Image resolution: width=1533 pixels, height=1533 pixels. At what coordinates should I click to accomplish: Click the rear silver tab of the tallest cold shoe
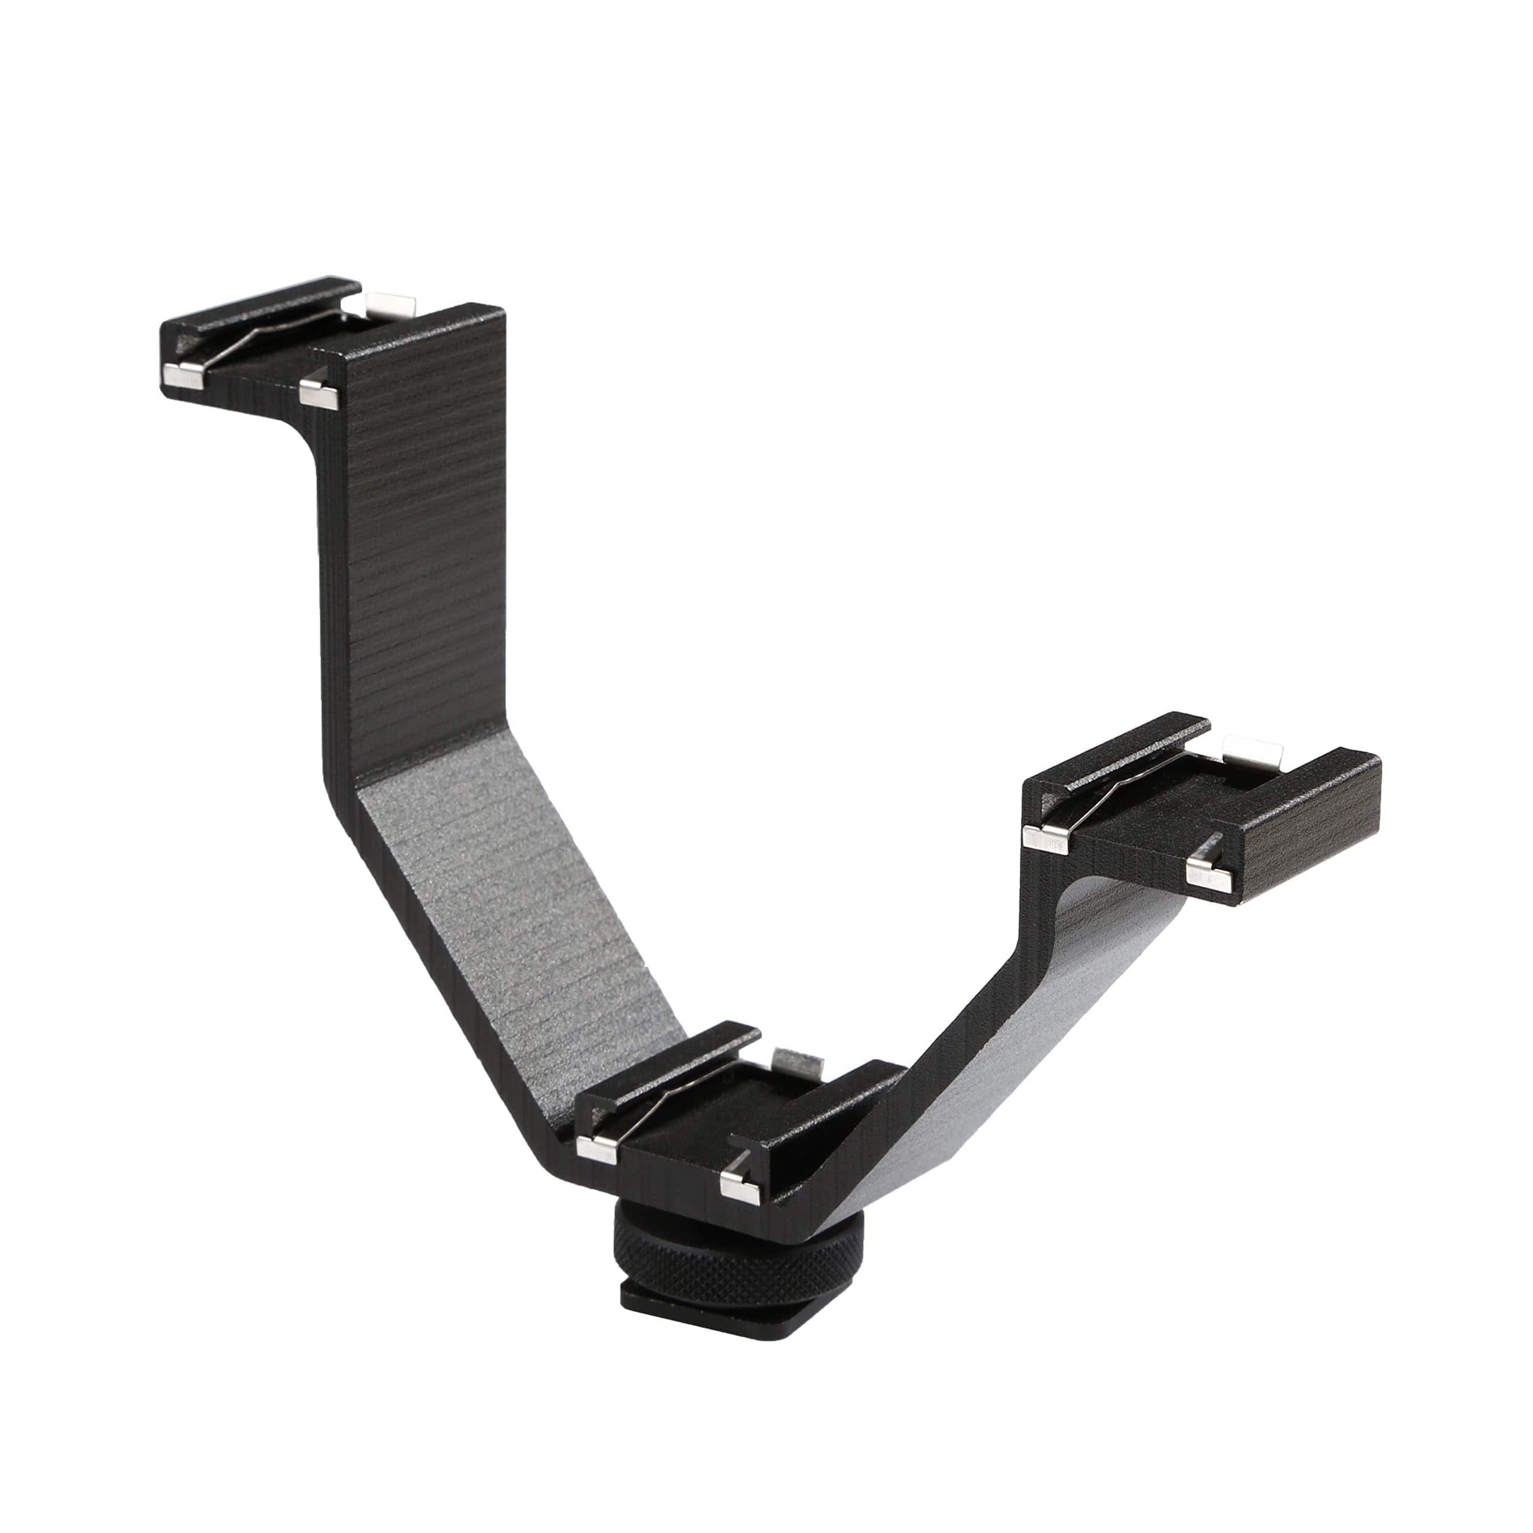pos(393,302)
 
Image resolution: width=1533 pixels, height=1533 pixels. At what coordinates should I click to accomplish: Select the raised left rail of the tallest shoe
pos(262,305)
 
